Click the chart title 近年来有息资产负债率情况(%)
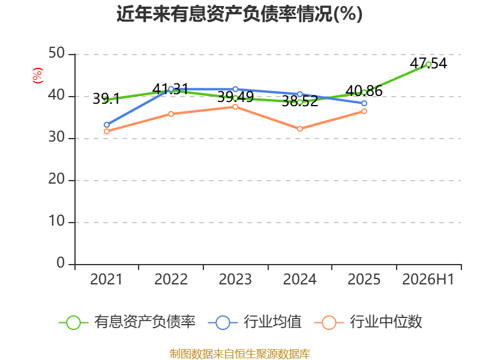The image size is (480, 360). pyautogui.click(x=239, y=14)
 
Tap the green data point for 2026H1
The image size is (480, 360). pyautogui.click(x=428, y=64)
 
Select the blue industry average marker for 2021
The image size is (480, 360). pyautogui.click(x=107, y=125)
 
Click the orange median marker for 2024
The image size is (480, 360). pyautogui.click(x=299, y=129)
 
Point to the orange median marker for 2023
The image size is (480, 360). pyautogui.click(x=235, y=107)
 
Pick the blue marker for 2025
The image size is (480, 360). pyautogui.click(x=364, y=103)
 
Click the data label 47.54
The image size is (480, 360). pyautogui.click(x=428, y=64)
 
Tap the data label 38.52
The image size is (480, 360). pyautogui.click(x=299, y=101)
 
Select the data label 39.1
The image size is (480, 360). pyautogui.click(x=106, y=99)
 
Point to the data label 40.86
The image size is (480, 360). pyautogui.click(x=364, y=91)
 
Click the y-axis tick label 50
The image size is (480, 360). pyautogui.click(x=56, y=53)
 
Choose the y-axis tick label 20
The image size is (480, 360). pyautogui.click(x=56, y=179)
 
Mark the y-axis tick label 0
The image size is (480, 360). pyautogui.click(x=61, y=263)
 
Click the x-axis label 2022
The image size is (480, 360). pyautogui.click(x=171, y=280)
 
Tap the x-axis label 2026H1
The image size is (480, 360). pyautogui.click(x=428, y=280)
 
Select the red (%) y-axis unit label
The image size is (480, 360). pyautogui.click(x=38, y=76)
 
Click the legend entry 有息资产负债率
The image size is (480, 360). pyautogui.click(x=127, y=322)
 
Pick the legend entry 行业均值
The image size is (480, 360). pyautogui.click(x=254, y=322)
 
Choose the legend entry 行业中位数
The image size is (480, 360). pyautogui.click(x=368, y=322)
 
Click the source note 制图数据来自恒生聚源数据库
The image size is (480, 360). pyautogui.click(x=240, y=354)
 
